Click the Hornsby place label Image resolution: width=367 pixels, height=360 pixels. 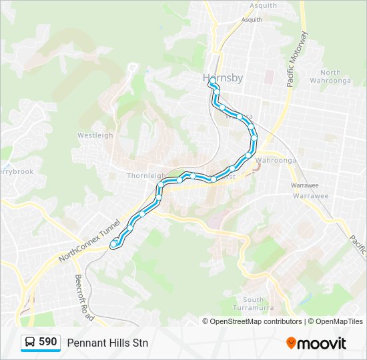pyautogui.click(x=222, y=78)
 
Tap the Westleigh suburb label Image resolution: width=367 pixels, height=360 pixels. pyautogui.click(x=95, y=135)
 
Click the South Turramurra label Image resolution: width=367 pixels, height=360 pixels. pyautogui.click(x=254, y=303)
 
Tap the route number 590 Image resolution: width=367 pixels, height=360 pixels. pyautogui.click(x=47, y=342)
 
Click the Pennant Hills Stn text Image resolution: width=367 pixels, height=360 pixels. pyautogui.click(x=107, y=343)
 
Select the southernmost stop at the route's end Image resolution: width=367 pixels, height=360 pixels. pyautogui.click(x=113, y=244)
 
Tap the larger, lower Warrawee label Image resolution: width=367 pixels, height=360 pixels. pyautogui.click(x=310, y=196)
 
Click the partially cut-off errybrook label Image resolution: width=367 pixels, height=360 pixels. pyautogui.click(x=16, y=171)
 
